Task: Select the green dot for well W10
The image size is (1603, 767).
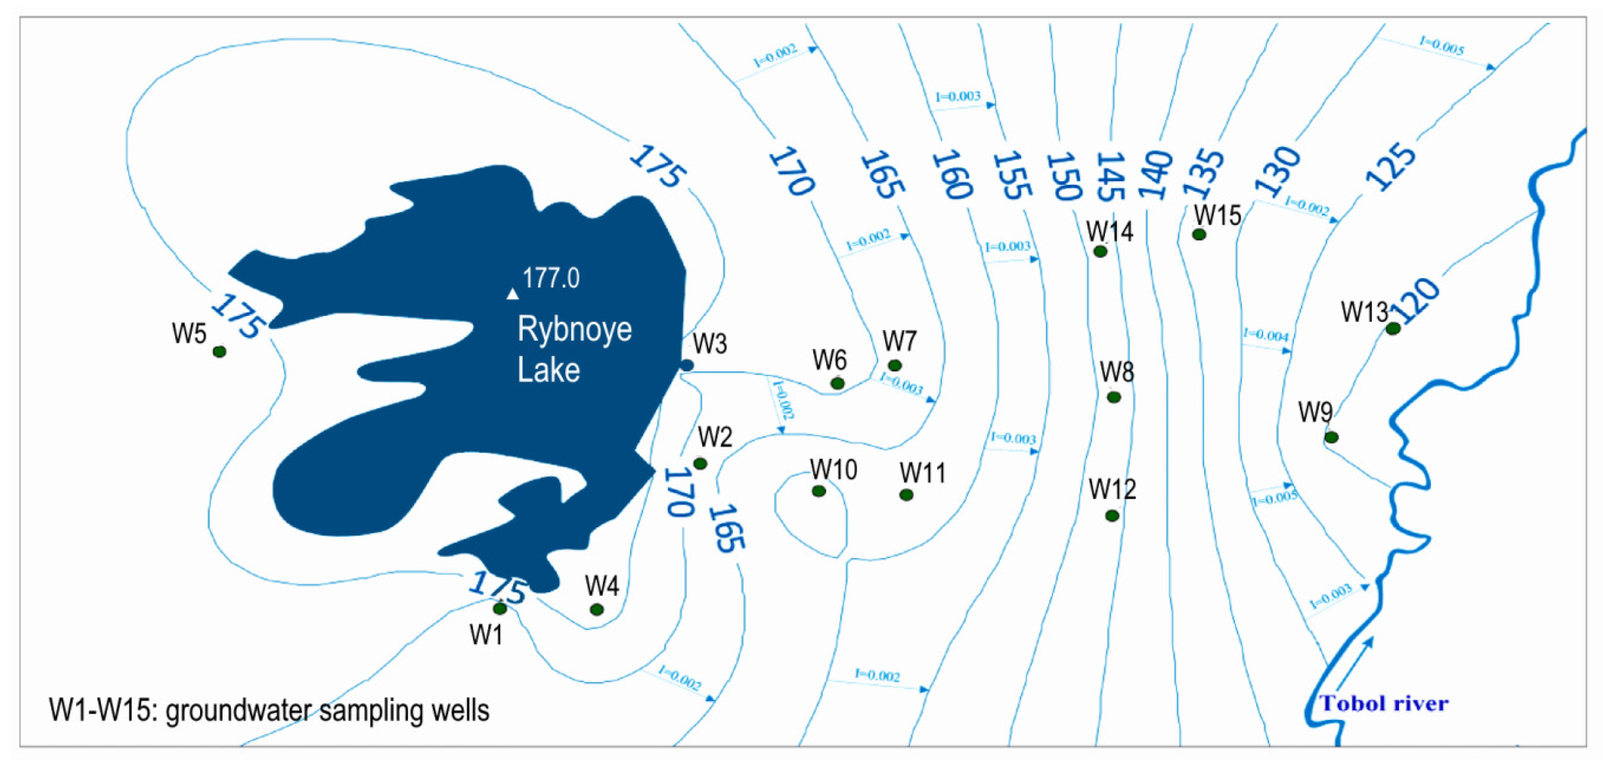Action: tap(819, 491)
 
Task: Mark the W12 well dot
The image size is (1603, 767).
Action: tap(1112, 516)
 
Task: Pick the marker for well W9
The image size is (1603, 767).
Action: tap(1331, 438)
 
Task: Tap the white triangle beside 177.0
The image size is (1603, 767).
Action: tap(512, 294)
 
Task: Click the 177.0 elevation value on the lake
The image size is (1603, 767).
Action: tap(551, 278)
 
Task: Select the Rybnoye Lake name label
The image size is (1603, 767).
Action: tap(574, 349)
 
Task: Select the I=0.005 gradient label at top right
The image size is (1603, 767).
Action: tap(1441, 45)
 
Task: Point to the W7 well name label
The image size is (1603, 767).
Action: tap(899, 341)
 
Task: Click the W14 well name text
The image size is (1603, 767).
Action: tap(1109, 231)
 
